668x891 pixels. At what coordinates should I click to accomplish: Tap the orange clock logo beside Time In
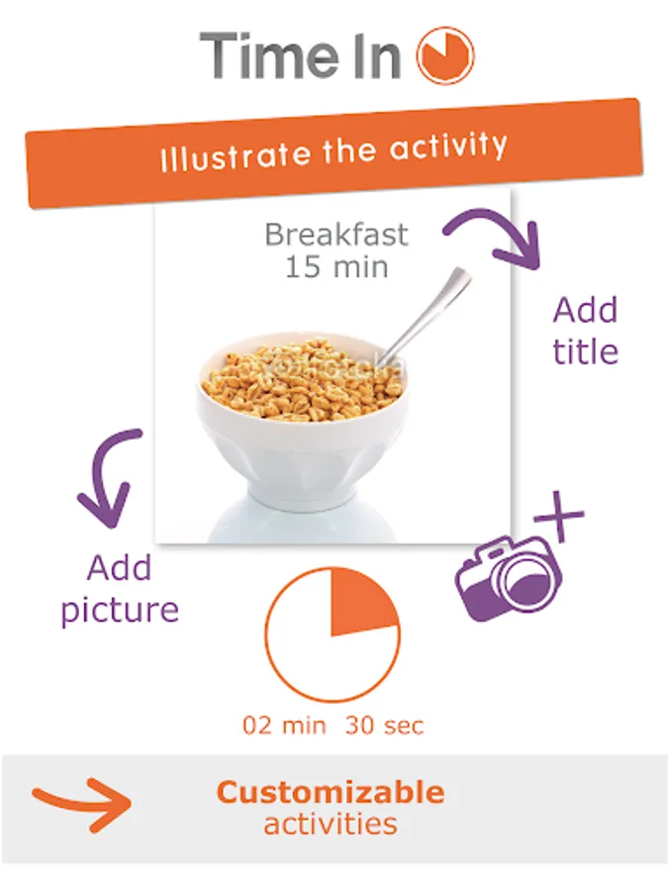point(445,55)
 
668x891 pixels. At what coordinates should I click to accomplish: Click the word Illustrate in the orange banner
point(236,155)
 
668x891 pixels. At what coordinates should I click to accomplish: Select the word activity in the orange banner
point(448,148)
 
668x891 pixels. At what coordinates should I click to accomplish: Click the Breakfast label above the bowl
point(336,234)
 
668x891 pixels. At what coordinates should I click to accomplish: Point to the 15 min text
point(336,266)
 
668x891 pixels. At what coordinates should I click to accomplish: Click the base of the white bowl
point(303,493)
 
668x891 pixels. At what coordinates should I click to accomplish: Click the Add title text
point(585,331)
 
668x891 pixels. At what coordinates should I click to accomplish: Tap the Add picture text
point(120,589)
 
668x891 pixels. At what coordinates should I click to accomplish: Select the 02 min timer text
point(284,726)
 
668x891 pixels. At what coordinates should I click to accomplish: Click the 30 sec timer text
point(385,726)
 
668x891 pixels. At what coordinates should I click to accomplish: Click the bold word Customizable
point(331,792)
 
